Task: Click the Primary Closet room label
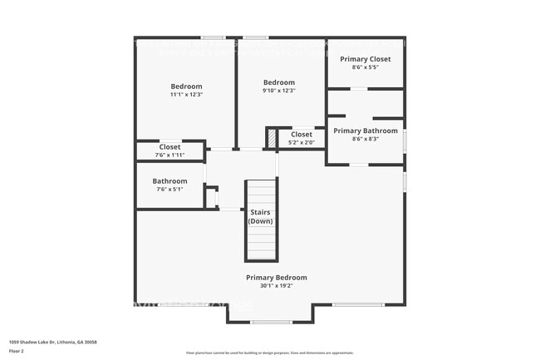(366, 59)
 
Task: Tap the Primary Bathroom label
(366, 131)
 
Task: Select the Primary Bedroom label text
(276, 278)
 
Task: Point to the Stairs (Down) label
(260, 216)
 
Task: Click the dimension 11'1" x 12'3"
(186, 95)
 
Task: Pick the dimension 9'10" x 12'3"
(278, 91)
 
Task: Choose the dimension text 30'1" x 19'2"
(276, 286)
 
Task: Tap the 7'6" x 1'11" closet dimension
(169, 155)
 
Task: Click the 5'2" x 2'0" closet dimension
(301, 142)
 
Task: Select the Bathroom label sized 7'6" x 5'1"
(169, 181)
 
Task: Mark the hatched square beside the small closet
(271, 138)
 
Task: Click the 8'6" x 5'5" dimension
(366, 67)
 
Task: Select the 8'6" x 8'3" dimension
(366, 139)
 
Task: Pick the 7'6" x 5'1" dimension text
(169, 190)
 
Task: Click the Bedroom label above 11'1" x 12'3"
(186, 86)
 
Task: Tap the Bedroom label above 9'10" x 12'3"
(278, 82)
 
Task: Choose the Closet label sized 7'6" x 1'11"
(169, 147)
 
